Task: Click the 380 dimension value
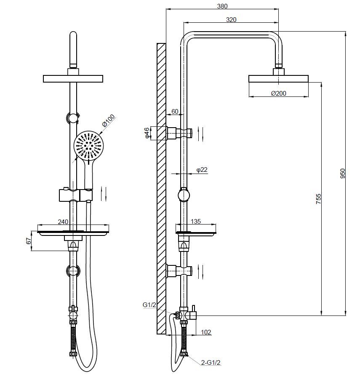[x=222, y=6]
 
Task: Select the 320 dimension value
[x=231, y=19]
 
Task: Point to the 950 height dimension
[x=343, y=174]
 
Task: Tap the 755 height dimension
[x=318, y=199]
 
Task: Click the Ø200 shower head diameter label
[x=279, y=93]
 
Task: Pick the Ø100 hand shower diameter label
[x=108, y=121]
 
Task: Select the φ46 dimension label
[x=147, y=133]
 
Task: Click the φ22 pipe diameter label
[x=202, y=170]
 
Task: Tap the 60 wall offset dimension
[x=175, y=111]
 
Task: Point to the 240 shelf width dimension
[x=63, y=222]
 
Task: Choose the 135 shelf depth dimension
[x=196, y=221]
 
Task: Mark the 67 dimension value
[x=29, y=241]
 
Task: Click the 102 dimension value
[x=206, y=332]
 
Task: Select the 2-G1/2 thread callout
[x=211, y=363]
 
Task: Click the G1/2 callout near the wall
[x=149, y=305]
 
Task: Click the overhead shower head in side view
[x=278, y=79]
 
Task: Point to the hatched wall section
[x=161, y=189]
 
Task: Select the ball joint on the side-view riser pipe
[x=184, y=195]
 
